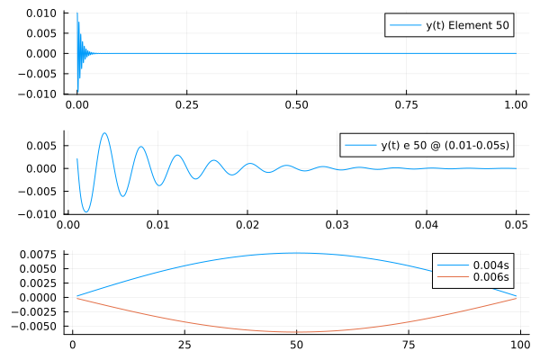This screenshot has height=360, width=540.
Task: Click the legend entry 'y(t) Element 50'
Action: pos(468,25)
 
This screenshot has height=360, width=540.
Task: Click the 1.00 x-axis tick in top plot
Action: pos(516,104)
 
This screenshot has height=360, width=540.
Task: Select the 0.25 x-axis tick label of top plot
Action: pos(186,104)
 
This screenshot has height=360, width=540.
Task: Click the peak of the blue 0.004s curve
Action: pos(296,253)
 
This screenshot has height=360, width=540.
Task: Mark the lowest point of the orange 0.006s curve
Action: pos(296,332)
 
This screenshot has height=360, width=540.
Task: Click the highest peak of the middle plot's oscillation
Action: pos(105,133)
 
